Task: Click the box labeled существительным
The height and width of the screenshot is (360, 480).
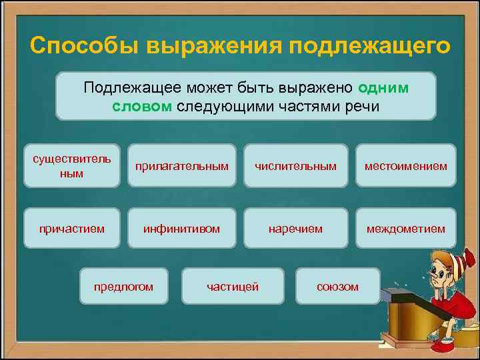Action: point(72,165)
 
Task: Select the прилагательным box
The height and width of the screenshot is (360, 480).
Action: point(181,165)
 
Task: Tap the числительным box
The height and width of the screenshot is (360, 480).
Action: point(295,165)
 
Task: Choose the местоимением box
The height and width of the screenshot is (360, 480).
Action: point(405,165)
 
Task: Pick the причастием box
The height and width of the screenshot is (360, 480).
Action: point(72,229)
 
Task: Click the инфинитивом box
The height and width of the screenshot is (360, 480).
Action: point(181,229)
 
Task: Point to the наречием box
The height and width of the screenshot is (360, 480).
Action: point(295,229)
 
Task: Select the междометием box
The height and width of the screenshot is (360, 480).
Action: point(405,229)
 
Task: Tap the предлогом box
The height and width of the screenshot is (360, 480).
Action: point(123,287)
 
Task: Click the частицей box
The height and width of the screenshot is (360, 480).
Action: point(233,287)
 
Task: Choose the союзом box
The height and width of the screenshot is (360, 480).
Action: point(337,287)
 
